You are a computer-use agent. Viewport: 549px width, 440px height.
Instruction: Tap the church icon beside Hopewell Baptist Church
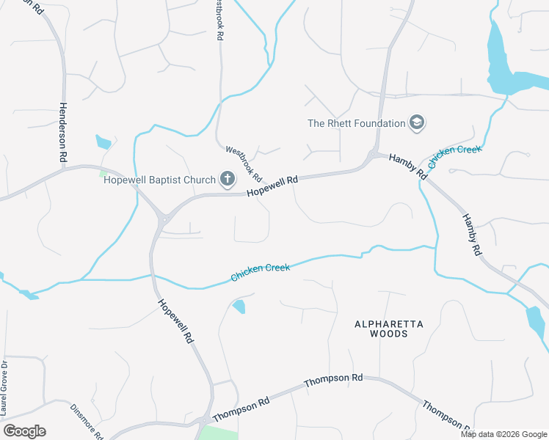tap(228, 179)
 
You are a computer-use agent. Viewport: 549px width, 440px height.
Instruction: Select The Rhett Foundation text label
tap(356, 123)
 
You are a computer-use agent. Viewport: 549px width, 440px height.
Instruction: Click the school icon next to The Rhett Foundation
tap(418, 122)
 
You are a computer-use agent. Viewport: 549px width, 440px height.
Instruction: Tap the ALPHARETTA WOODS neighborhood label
tap(380, 329)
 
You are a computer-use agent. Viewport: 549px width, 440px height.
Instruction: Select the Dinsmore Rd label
tap(87, 421)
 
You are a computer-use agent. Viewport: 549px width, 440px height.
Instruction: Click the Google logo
tap(24, 431)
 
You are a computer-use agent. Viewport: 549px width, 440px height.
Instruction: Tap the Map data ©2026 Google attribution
tap(503, 434)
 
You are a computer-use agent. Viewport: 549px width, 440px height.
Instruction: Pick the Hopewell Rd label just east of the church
tap(272, 185)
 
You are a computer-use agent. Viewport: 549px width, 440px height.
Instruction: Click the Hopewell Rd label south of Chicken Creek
tap(175, 320)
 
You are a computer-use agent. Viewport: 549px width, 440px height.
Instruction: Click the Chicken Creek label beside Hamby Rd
tap(454, 158)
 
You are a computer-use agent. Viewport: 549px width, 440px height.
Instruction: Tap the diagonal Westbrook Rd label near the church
tap(244, 164)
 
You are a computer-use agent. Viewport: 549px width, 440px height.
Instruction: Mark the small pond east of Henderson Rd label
tap(103, 141)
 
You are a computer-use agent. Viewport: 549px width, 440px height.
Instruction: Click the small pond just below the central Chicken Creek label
tap(239, 307)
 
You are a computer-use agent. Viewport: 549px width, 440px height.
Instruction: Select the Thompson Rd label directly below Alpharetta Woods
tap(333, 379)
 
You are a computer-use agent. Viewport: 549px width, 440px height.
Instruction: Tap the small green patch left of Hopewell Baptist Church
tap(103, 174)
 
